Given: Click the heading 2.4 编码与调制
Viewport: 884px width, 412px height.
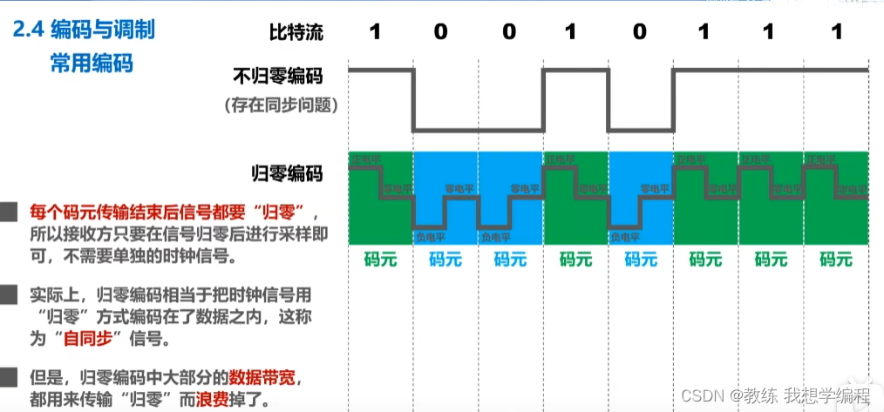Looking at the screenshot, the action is tap(85, 32).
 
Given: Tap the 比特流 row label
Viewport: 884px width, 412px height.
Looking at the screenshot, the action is tap(296, 33).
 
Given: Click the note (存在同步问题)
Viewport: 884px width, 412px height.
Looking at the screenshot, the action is tap(280, 106).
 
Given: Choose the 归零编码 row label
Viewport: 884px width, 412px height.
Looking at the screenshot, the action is tap(287, 174).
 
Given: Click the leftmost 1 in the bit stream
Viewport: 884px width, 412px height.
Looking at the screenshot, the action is tap(375, 33).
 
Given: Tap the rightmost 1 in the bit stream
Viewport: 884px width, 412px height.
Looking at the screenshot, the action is tap(836, 33).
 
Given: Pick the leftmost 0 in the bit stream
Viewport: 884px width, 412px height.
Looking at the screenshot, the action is tap(440, 33).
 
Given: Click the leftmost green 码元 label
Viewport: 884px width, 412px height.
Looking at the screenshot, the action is tap(380, 259).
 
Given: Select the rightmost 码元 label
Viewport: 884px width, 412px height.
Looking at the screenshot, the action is tap(836, 259).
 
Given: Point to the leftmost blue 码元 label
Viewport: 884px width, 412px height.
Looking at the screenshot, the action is tap(445, 259).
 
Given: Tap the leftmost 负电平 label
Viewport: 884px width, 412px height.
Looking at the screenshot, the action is tap(429, 236).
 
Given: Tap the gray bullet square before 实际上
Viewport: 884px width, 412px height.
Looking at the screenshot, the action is tap(9, 294).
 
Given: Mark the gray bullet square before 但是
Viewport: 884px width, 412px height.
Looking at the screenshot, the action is tap(9, 377).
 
